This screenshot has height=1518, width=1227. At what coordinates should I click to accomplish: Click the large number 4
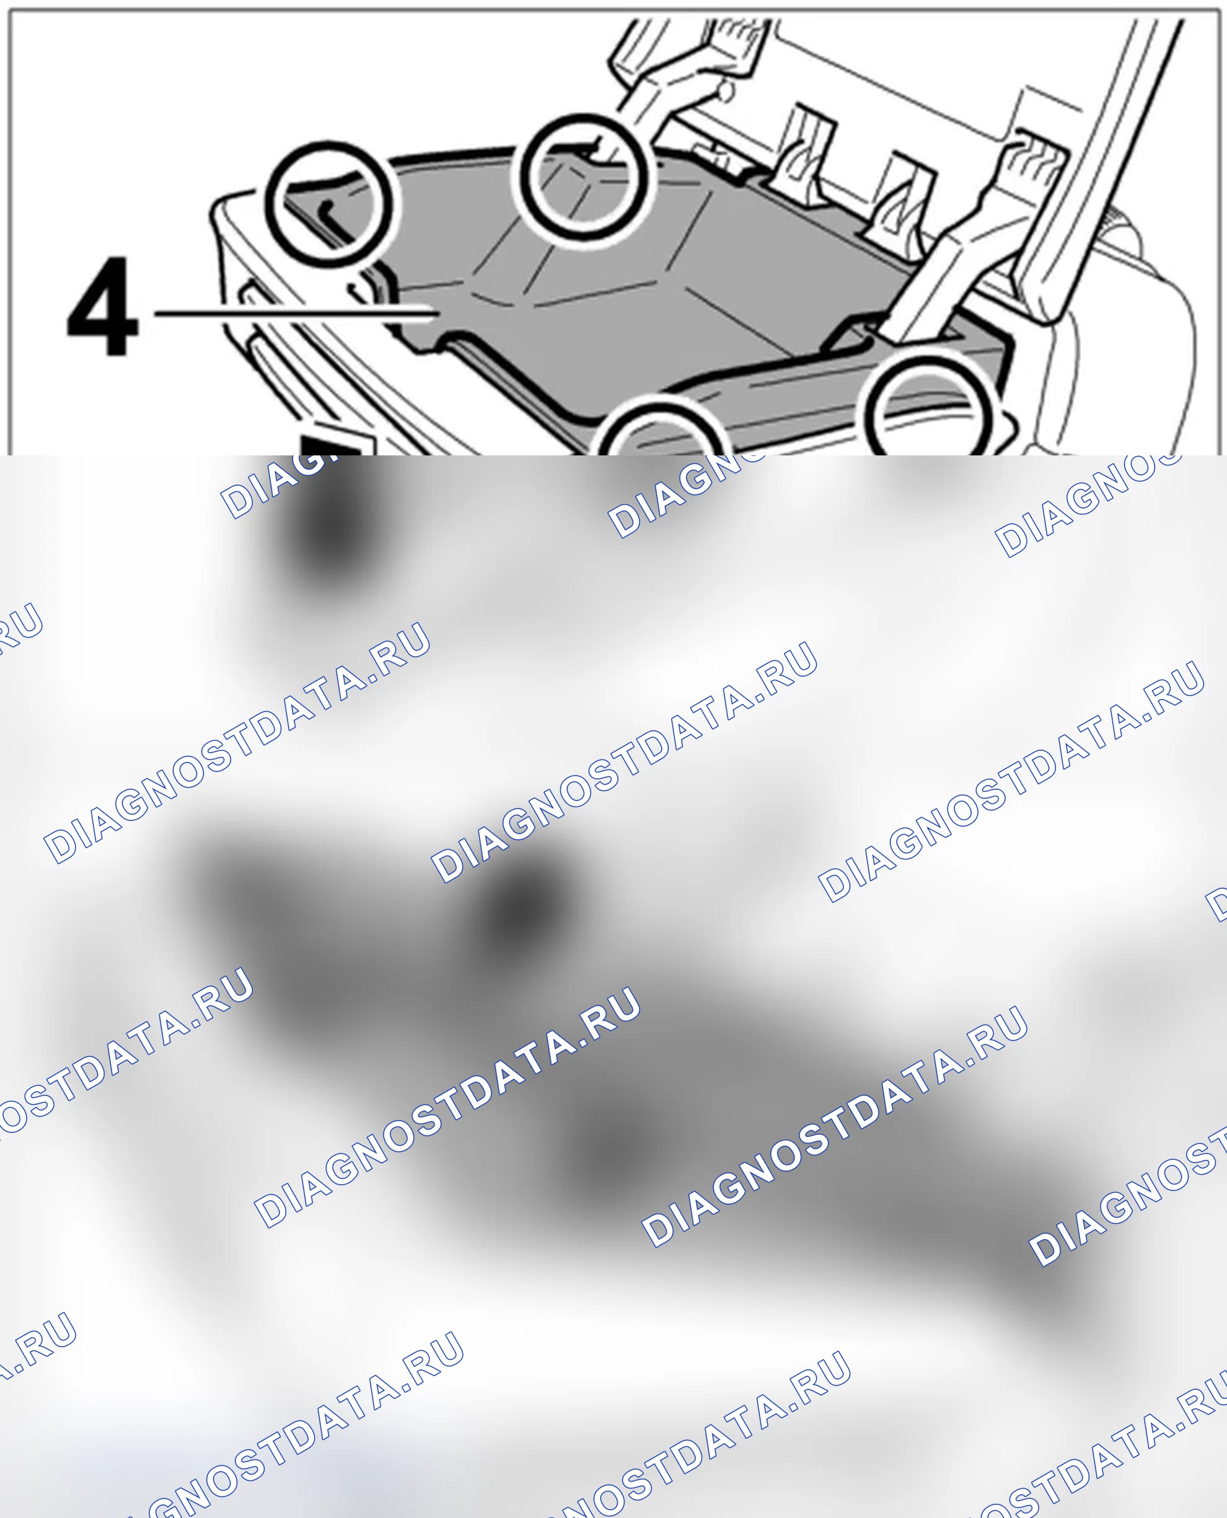[x=102, y=307]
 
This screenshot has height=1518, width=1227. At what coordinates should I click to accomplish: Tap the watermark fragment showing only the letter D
[x=1217, y=905]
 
